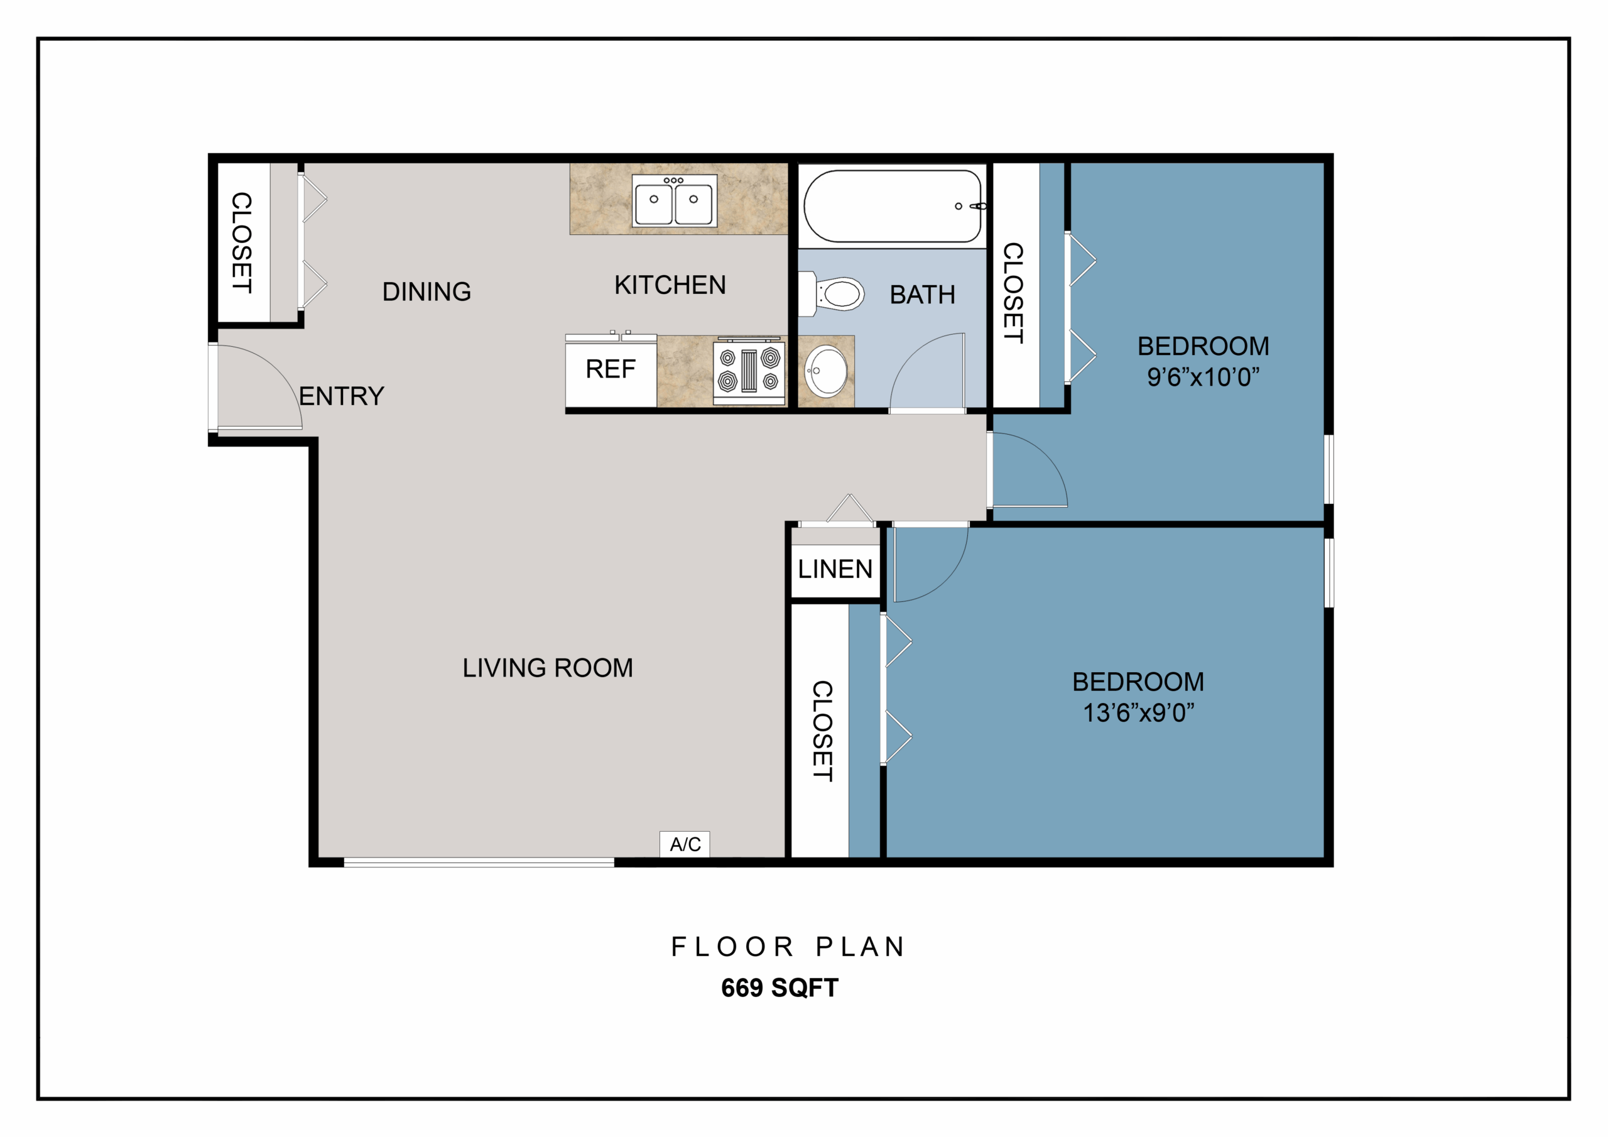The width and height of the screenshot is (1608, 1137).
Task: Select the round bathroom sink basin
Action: [826, 371]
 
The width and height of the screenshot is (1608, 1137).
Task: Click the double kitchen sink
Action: [674, 200]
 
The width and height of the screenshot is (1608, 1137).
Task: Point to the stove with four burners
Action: [749, 371]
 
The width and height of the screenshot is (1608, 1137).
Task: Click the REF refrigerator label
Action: [611, 369]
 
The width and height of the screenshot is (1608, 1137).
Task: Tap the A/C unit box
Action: [685, 844]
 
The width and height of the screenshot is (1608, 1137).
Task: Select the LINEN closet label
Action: [835, 569]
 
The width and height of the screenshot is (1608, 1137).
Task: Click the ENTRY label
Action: [342, 396]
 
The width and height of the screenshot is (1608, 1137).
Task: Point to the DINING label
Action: [426, 291]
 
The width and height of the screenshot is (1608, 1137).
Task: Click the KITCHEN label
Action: [670, 285]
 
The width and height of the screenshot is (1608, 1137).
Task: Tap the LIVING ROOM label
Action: [548, 668]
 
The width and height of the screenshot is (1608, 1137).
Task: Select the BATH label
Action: [922, 295]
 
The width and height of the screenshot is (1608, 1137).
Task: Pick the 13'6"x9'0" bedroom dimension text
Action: [1139, 712]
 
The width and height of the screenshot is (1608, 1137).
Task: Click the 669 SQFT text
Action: [780, 987]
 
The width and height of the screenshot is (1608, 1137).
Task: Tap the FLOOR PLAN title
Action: [788, 947]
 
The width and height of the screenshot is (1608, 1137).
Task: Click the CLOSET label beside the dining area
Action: [242, 242]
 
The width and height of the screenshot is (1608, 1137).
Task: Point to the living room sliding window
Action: [479, 862]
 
